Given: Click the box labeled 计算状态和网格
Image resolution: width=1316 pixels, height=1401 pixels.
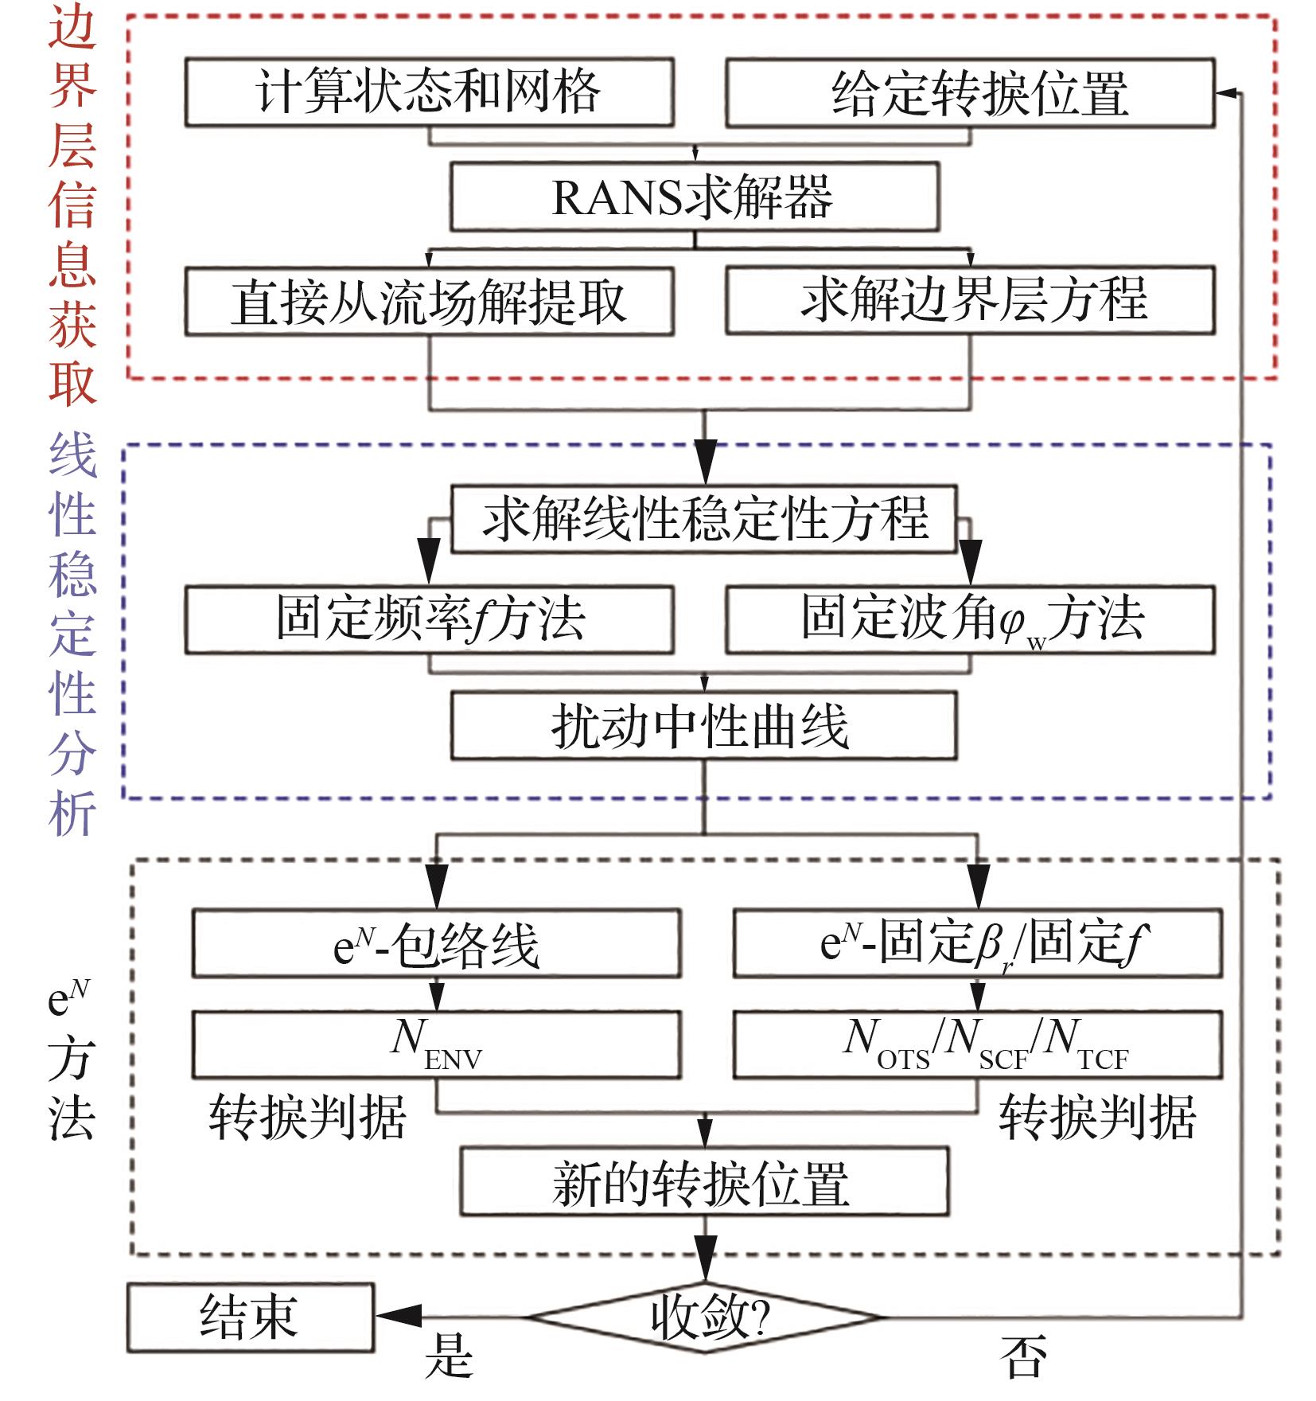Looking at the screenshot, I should point(430,92).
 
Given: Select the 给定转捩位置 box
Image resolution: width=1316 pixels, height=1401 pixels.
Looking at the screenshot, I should point(970,92).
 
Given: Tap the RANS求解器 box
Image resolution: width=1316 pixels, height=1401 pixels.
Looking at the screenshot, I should point(695,197).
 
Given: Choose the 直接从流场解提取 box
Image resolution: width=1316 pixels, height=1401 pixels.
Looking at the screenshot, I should point(430,301).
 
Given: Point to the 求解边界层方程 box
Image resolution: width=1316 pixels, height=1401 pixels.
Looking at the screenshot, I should point(970,300).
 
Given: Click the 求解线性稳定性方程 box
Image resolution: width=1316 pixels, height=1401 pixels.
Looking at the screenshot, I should point(704,518).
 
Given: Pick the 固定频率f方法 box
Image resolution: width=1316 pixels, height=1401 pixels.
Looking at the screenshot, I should point(430,620).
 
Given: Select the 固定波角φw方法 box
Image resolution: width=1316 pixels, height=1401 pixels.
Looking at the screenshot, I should point(970,620).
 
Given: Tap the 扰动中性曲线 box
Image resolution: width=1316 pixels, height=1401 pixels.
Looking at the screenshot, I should point(704,725).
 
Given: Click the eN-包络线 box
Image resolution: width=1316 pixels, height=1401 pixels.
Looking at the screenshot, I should point(436,943).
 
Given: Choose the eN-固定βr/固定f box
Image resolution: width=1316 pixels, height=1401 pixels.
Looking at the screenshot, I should point(977,943).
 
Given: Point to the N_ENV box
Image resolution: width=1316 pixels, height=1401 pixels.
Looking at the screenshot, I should point(436,1044).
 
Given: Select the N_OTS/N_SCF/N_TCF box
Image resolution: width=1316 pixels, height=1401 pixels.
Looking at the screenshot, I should point(977,1044).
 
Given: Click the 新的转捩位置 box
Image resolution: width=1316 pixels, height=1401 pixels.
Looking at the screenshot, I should point(704,1181).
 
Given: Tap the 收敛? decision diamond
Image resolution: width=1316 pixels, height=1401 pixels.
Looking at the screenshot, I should point(704,1317).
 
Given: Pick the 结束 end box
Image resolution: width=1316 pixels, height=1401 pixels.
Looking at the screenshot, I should point(250,1317).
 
